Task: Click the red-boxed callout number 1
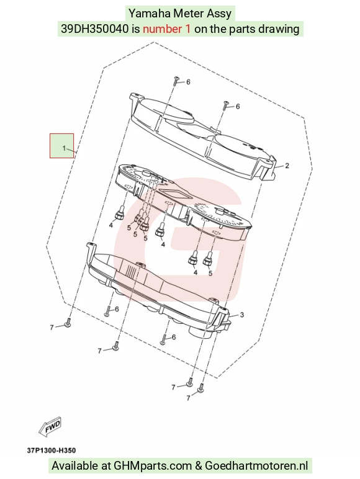pyautogui.click(x=64, y=148)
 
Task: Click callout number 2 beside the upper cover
pyautogui.click(x=287, y=166)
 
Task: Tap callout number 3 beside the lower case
pyautogui.click(x=241, y=315)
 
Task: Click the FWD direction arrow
pyautogui.click(x=50, y=426)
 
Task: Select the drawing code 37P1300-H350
pyautogui.click(x=52, y=450)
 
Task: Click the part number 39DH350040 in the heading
pyautogui.click(x=95, y=29)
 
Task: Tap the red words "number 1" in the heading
pyautogui.click(x=167, y=29)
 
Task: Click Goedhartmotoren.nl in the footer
pyautogui.click(x=256, y=466)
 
